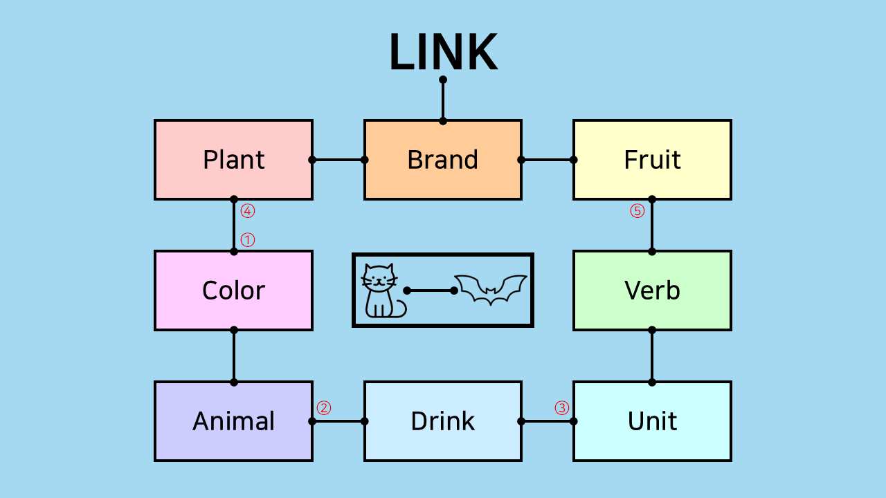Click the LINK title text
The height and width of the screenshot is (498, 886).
coord(443,53)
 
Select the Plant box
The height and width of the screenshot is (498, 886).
coord(233,160)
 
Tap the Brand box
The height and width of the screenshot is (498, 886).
coord(443,160)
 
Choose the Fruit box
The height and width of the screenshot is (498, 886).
coord(652,160)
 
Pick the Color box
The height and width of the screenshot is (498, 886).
coord(233,290)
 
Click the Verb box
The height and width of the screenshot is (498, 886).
coord(652,290)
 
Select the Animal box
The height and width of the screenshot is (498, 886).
coord(233,421)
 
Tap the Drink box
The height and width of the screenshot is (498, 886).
coord(443,421)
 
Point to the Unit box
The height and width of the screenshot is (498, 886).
coord(652,421)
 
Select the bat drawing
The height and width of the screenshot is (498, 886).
coord(490,289)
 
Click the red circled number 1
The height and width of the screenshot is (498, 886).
coord(248,240)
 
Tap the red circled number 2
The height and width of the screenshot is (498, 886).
coord(323,408)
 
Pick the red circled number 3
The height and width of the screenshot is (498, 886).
coord(561,408)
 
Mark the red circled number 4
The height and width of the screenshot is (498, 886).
coord(248,211)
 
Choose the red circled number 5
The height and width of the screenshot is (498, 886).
coord(637,211)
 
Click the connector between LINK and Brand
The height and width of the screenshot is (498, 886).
coord(443,100)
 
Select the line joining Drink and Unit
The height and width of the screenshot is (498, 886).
coord(548,421)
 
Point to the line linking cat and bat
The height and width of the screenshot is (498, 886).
coord(431,290)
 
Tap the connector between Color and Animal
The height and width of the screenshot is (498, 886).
coord(234,356)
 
